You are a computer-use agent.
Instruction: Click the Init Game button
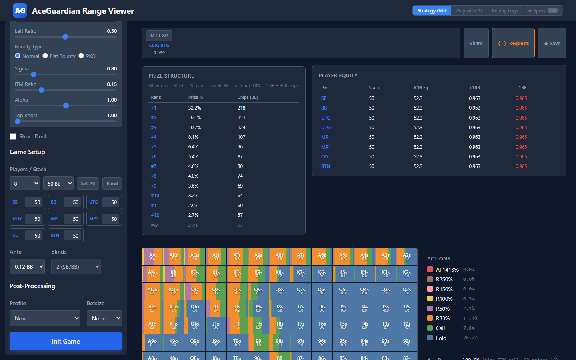pyautogui.click(x=66, y=341)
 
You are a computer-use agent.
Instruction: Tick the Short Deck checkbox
pyautogui.click(x=13, y=136)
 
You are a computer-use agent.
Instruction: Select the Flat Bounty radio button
pyautogui.click(x=45, y=56)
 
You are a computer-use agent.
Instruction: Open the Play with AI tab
pyautogui.click(x=469, y=11)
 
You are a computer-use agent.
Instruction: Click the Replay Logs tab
pyautogui.click(x=505, y=11)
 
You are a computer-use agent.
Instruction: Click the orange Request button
pyautogui.click(x=513, y=43)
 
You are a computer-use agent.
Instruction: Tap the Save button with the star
pyautogui.click(x=552, y=43)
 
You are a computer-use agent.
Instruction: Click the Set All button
pyautogui.click(x=88, y=184)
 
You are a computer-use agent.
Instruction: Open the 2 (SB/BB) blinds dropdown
pyautogui.click(x=76, y=267)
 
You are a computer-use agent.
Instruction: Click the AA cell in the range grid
pyautogui.click(x=152, y=256)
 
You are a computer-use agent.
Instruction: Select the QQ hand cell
pyautogui.click(x=195, y=291)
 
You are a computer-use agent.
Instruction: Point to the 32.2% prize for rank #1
pyautogui.click(x=195, y=108)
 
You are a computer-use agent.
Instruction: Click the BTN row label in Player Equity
pyautogui.click(x=326, y=166)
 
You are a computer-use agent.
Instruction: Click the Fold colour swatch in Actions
pyautogui.click(x=430, y=338)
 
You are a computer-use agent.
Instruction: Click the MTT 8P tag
pyautogui.click(x=159, y=36)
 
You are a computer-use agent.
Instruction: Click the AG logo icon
pyautogui.click(x=20, y=11)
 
